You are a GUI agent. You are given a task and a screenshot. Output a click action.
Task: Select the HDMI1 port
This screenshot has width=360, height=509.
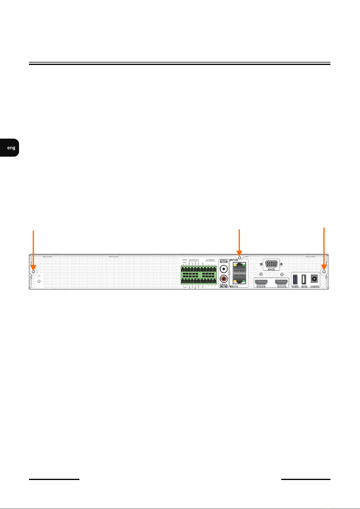click(261, 282)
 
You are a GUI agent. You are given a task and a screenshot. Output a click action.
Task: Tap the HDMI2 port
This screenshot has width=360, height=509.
click(281, 282)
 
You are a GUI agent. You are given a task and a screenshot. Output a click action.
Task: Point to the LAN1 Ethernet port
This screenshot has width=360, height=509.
click(238, 267)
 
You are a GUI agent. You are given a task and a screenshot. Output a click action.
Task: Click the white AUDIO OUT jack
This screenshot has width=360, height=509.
click(224, 268)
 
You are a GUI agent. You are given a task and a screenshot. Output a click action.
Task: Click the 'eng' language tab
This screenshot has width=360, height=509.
click(11, 148)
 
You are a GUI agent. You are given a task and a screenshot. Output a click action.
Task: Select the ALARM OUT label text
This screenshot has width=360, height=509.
click(194, 260)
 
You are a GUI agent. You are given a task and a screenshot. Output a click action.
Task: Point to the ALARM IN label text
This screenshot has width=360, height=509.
click(210, 260)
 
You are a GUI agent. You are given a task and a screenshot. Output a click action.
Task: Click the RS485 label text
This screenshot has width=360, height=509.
click(185, 260)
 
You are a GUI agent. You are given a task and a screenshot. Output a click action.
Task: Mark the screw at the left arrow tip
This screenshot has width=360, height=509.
click(33, 271)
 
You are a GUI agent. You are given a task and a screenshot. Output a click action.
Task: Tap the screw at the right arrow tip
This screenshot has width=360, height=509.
click(324, 272)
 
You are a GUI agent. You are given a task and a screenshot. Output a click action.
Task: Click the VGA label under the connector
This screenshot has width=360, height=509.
click(271, 269)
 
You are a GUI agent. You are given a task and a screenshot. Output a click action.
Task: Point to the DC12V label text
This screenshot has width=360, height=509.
click(314, 286)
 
